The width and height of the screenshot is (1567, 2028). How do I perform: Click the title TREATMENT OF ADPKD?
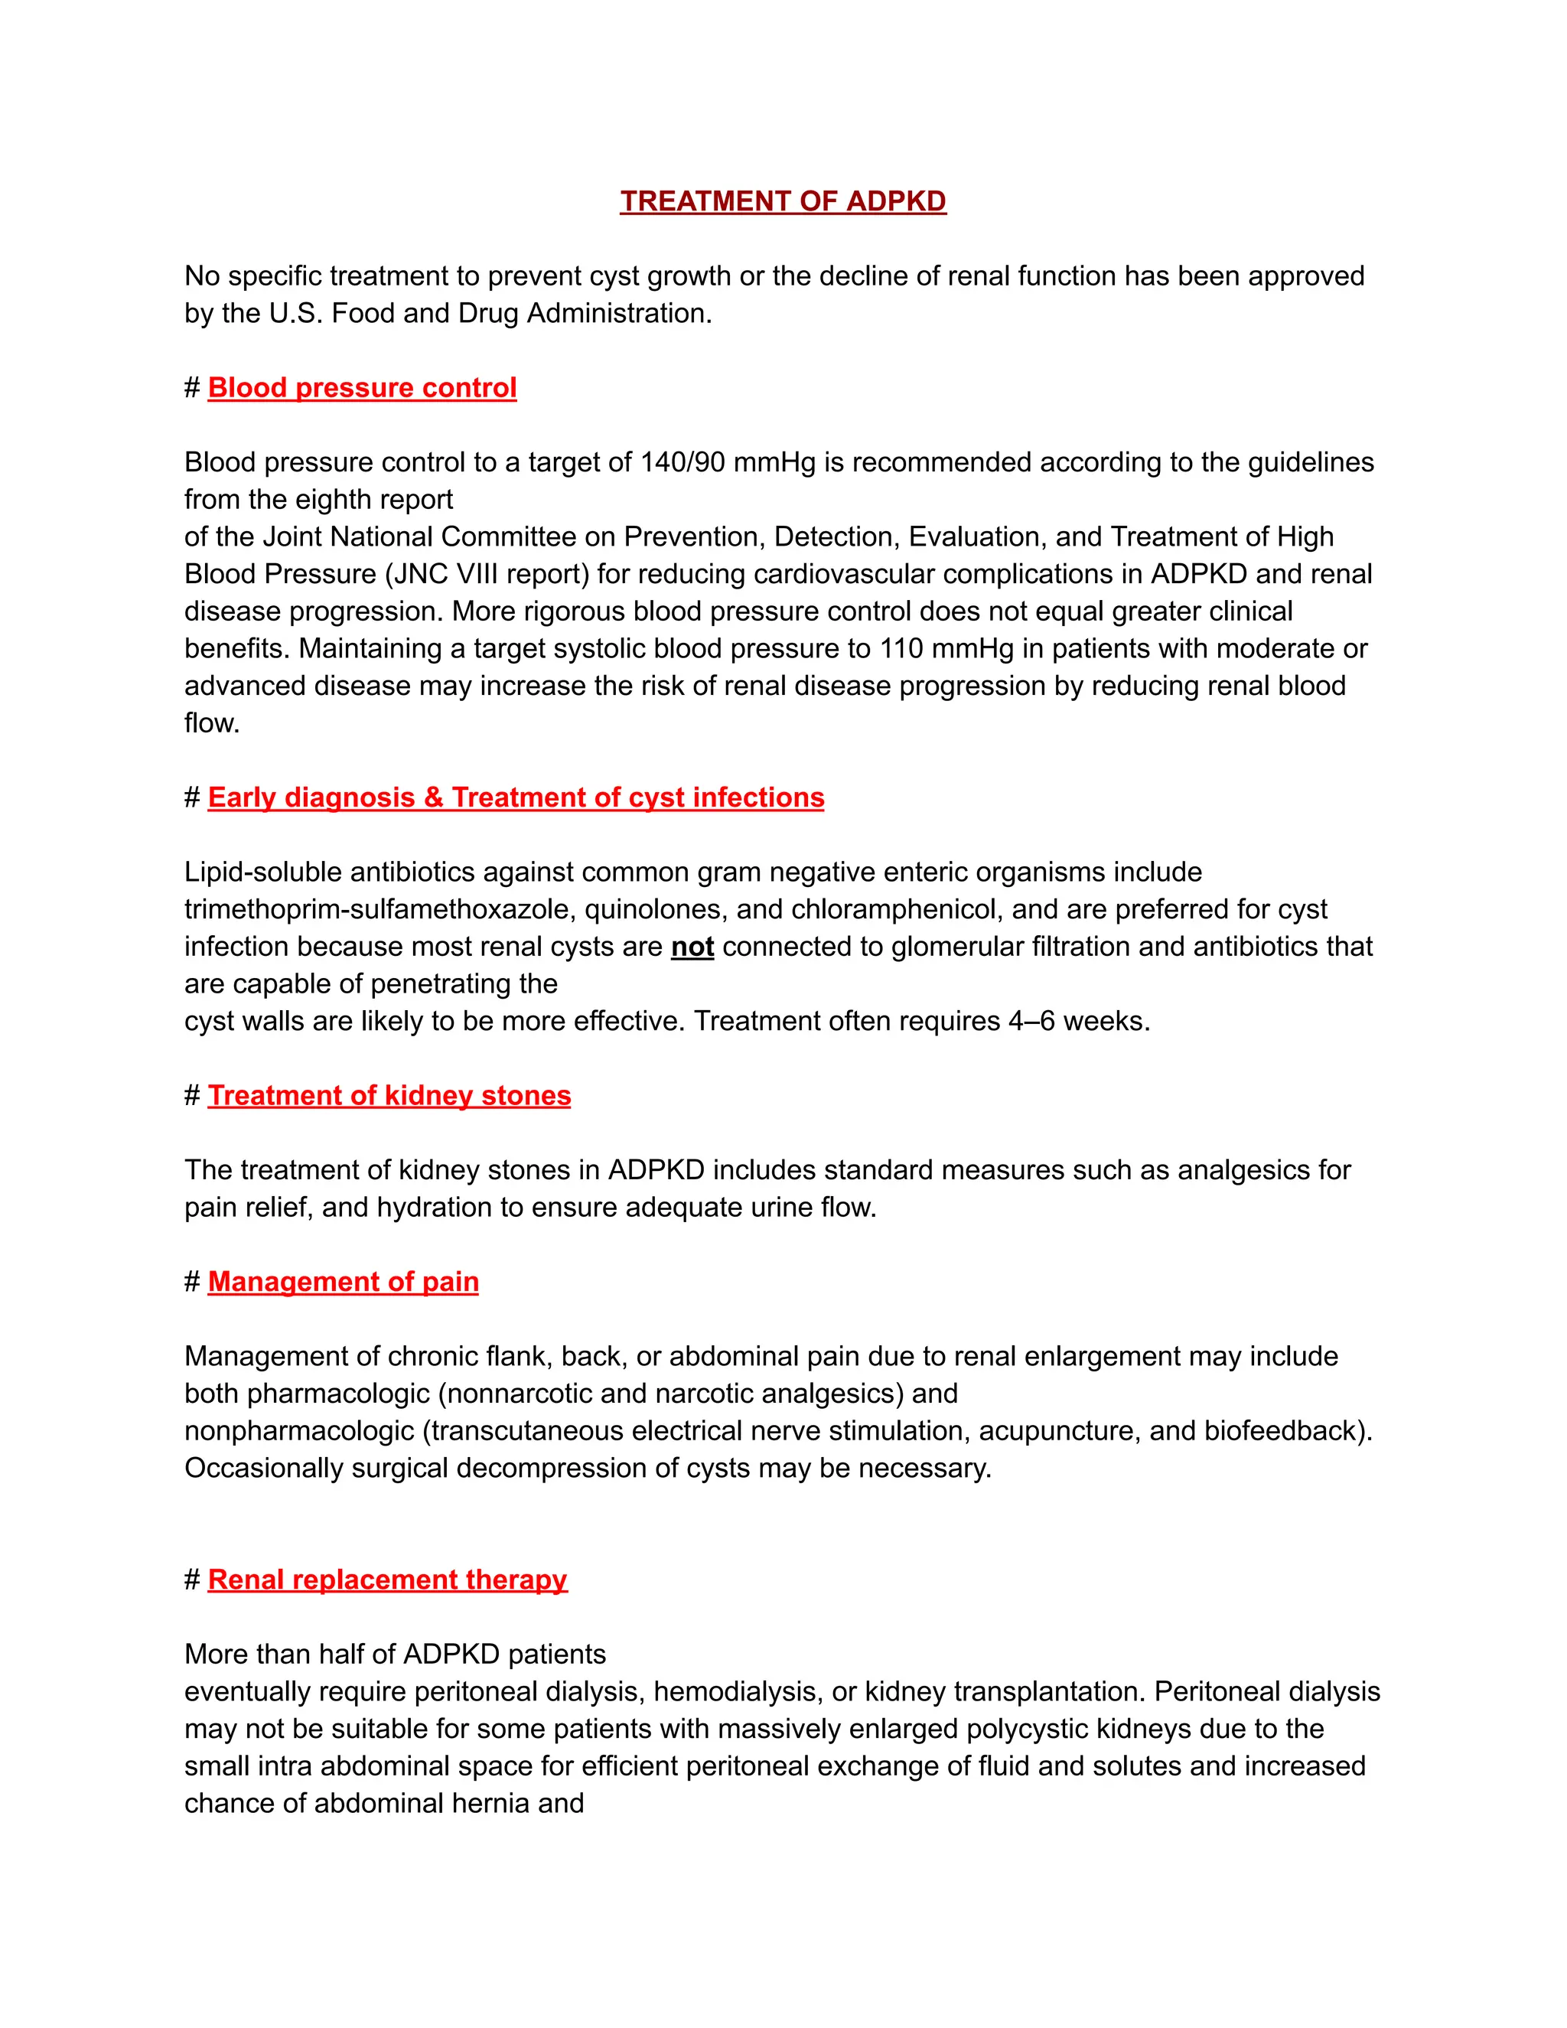(783, 201)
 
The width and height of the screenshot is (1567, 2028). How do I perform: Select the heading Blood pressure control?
(362, 387)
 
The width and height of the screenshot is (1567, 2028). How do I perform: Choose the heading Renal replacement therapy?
(387, 1580)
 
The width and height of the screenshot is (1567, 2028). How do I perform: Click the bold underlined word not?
(692, 946)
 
